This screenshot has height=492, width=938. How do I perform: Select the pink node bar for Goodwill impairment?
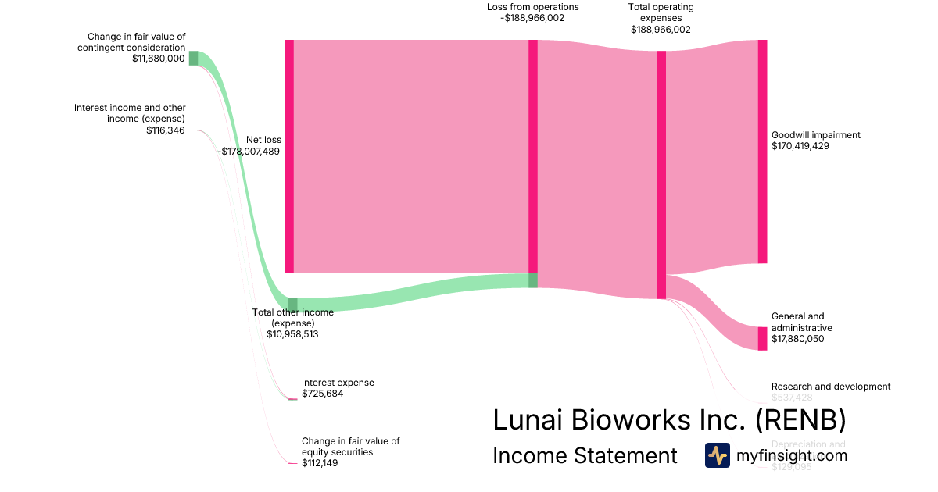[x=762, y=152]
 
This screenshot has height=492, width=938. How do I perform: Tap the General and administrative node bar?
[x=762, y=338]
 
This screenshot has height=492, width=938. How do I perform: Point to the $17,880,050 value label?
[x=797, y=339]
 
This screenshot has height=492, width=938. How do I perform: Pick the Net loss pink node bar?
[x=289, y=156]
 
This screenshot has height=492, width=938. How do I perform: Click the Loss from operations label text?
[x=532, y=7]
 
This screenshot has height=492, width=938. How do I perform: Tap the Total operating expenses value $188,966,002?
[x=661, y=29]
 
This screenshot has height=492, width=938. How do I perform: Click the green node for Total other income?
[x=293, y=305]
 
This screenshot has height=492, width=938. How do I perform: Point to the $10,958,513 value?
[x=292, y=334]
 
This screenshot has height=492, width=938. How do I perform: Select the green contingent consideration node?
[x=193, y=59]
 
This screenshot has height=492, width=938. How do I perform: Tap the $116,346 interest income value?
[x=165, y=130]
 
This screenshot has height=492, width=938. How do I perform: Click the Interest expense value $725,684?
[x=322, y=394]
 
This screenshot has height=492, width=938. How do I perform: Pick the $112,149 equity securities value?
[x=320, y=463]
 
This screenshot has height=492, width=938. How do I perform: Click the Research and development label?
[x=830, y=387]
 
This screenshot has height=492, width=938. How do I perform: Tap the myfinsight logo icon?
[x=717, y=455]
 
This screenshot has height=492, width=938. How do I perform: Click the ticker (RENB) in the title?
[x=800, y=420]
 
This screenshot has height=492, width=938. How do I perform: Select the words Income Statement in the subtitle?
[x=585, y=456]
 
